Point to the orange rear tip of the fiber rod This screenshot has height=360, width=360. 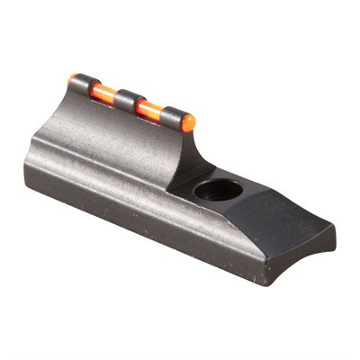pos(71,78)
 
